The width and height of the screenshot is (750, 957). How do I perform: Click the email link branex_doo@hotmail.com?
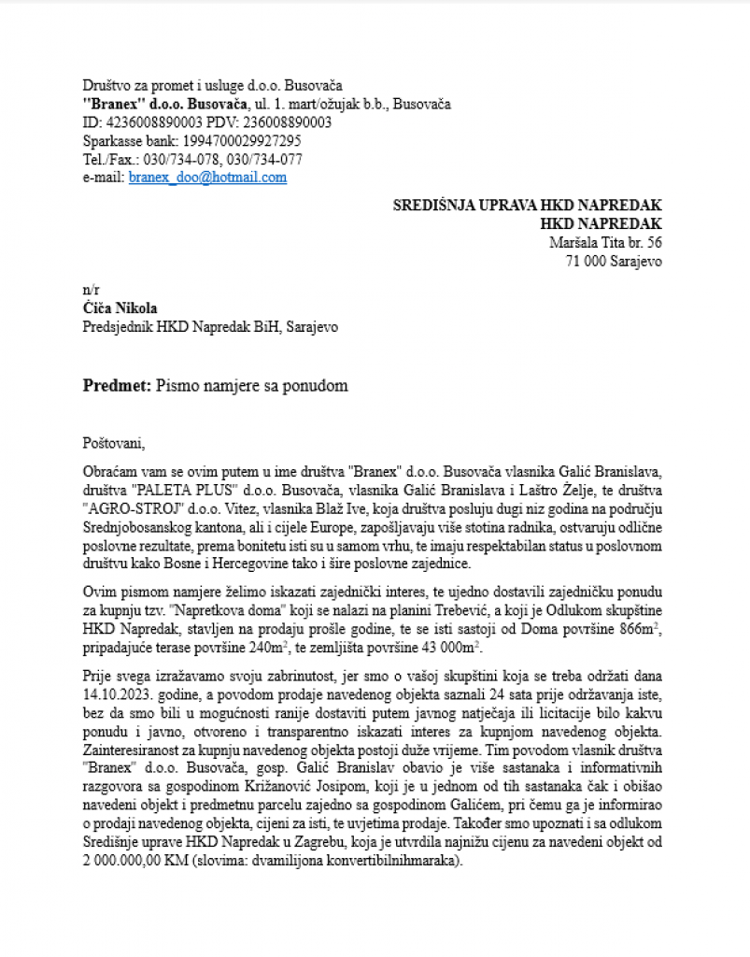[207, 177]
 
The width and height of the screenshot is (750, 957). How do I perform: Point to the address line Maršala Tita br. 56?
[605, 243]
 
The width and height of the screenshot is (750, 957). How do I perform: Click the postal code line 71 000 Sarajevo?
[614, 262]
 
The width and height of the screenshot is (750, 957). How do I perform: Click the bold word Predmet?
[117, 385]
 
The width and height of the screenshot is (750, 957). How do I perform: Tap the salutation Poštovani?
[115, 443]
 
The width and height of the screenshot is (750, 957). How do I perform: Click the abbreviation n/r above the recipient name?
[91, 291]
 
